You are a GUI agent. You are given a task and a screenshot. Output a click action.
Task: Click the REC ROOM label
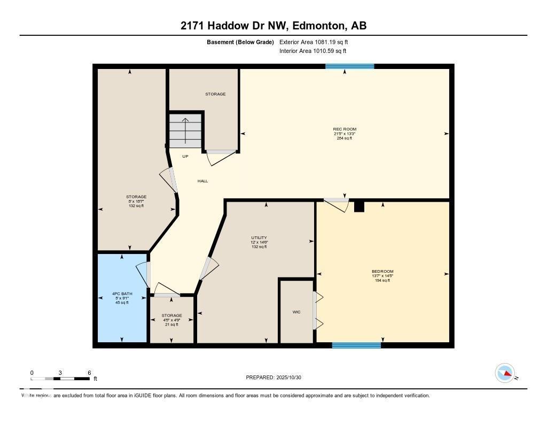coord(345,129)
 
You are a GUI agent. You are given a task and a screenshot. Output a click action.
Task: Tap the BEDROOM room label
coord(382,272)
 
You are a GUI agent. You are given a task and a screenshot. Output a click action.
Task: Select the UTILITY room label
coord(259,238)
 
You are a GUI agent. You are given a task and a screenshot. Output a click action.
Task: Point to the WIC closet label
coord(296,312)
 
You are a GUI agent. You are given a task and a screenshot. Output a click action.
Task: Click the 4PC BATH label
coord(122,294)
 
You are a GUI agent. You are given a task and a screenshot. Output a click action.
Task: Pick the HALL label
coord(202,181)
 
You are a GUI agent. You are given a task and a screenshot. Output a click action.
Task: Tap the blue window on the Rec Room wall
coord(350,66)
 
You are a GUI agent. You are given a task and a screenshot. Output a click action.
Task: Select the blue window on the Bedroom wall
coord(356,345)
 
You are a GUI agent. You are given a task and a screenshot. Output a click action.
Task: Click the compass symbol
coord(505,373)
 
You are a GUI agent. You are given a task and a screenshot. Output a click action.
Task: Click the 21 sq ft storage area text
coord(172,325)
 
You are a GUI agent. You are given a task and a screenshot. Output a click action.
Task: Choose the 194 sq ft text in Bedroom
coord(382,280)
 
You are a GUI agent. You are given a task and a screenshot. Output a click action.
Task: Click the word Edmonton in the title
coord(312,26)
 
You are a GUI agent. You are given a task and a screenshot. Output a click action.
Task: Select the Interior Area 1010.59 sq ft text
coord(312,51)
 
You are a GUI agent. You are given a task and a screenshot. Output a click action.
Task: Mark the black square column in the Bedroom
coord(359,206)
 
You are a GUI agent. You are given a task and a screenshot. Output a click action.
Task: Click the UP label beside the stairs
coord(185,157)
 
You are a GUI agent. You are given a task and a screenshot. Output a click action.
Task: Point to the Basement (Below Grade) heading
coord(240,42)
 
